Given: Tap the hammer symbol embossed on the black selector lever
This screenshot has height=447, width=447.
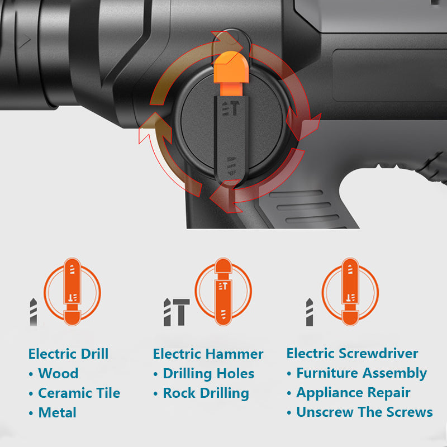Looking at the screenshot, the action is [x=235, y=108].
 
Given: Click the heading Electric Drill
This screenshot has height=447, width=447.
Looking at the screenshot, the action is [x=68, y=354].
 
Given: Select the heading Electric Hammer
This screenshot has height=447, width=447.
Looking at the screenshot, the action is [x=208, y=354].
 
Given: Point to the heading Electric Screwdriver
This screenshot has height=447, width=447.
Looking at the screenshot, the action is [x=353, y=353].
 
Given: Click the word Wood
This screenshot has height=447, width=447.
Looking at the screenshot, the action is [x=59, y=373].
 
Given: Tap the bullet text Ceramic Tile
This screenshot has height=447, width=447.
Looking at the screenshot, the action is [x=79, y=393].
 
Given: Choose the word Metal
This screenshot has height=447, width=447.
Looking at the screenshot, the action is [x=58, y=412].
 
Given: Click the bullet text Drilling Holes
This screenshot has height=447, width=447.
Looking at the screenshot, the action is [x=208, y=374].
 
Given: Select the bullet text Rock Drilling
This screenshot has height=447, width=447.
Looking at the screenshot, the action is [x=206, y=393].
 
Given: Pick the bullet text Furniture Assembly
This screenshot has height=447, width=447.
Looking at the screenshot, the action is [x=362, y=373].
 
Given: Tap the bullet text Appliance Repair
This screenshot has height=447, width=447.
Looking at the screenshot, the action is [x=353, y=393].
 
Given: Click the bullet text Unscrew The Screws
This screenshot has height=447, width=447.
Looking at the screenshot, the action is [x=365, y=412].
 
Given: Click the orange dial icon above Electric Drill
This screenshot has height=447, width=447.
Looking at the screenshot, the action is [x=72, y=292].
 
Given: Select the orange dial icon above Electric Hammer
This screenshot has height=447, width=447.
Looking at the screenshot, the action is [x=223, y=292].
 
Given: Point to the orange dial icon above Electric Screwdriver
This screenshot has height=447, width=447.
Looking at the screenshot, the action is [x=350, y=292].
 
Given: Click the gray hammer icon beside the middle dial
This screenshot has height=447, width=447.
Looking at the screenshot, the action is [x=181, y=312].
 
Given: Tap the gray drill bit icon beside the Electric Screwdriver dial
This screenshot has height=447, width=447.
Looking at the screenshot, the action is [x=310, y=312].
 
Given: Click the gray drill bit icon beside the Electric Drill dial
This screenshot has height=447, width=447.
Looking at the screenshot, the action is [x=34, y=312].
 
